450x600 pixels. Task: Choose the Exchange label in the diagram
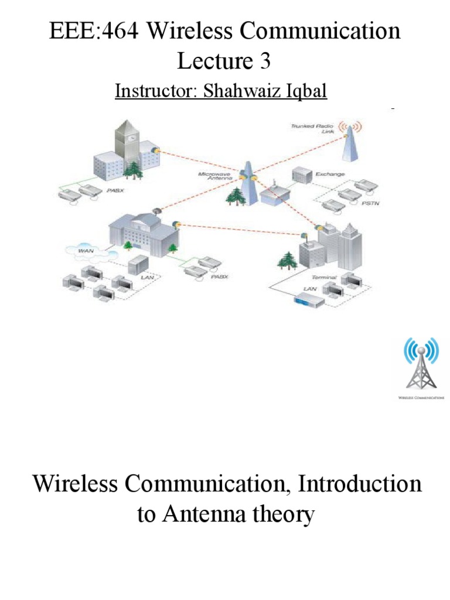coord(330,174)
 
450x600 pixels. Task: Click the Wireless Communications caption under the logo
coord(421,397)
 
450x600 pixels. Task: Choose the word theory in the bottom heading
coord(284,515)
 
